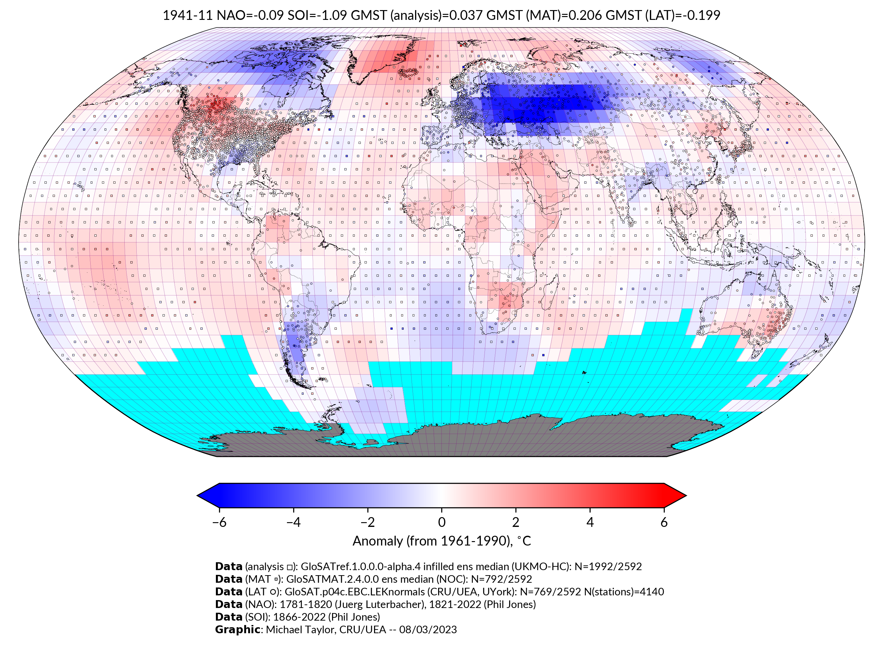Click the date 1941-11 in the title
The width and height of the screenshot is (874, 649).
point(187,15)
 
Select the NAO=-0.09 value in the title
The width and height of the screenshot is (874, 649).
point(250,15)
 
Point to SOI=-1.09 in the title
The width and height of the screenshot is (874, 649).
point(317,15)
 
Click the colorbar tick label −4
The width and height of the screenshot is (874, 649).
point(293,522)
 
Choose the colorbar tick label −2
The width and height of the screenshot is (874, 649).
point(367,522)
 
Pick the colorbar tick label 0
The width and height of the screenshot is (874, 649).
point(442,522)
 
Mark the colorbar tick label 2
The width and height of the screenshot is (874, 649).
point(516,522)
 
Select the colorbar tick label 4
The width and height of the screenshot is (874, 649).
point(590,522)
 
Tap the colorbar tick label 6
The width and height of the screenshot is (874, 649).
point(664,522)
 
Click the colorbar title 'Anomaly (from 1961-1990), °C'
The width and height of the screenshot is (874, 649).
point(442,541)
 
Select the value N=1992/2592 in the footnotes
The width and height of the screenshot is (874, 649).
point(608,567)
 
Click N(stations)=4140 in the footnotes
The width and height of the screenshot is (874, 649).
point(624,592)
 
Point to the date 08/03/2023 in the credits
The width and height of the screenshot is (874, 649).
point(428,629)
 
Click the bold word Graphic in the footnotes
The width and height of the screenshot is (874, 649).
point(237,629)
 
